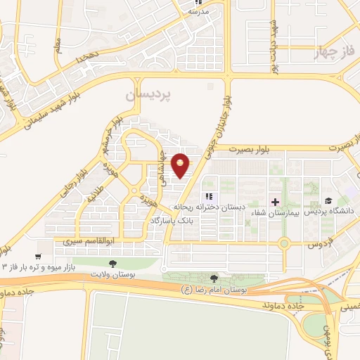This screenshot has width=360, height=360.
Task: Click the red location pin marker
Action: tap(181, 166)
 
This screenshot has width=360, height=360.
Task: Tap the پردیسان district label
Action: tap(149, 94)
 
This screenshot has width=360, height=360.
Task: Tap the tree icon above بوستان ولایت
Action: tap(112, 262)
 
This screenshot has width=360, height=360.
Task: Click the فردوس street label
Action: tap(321, 245)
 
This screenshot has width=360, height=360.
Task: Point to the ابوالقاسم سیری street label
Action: tap(84, 241)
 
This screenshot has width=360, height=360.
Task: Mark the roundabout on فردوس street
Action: tap(284, 244)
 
